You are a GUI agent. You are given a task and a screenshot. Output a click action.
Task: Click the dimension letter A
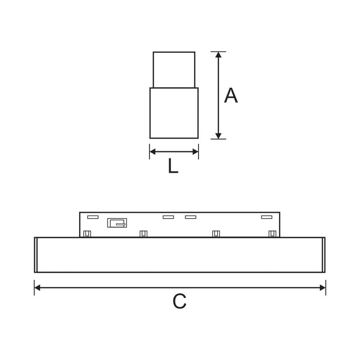pos(231,95)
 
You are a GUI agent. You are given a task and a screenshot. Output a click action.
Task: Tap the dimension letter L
pos(173,166)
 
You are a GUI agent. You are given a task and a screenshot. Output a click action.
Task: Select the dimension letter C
pos(179,301)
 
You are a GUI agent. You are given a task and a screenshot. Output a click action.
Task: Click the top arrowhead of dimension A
pos(218,54)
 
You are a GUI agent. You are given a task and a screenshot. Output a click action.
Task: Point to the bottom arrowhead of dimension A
pos(218,136)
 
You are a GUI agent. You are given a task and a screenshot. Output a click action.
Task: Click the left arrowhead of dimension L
pos(153,152)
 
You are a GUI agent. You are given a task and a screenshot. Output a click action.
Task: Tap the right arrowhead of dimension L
pos(195,152)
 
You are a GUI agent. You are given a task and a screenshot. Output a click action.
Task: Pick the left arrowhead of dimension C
pos(37,288)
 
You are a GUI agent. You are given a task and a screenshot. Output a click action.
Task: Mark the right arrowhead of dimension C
pos(323,288)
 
